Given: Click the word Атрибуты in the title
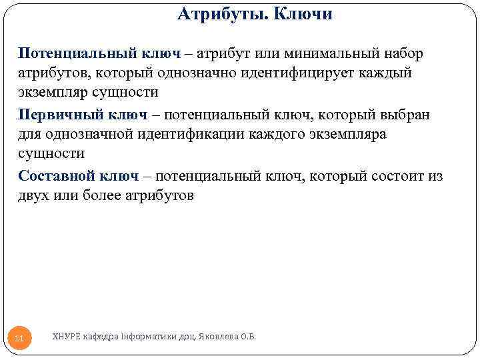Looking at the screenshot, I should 217,14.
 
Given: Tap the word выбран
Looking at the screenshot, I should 406,115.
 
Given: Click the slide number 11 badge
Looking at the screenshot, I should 19,339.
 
